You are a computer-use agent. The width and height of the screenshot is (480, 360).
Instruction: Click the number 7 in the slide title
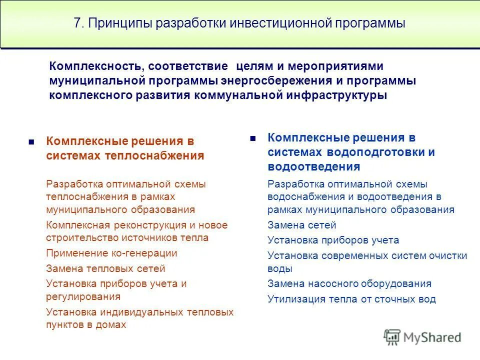(77, 23)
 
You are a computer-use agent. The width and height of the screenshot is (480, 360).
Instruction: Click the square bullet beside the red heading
(31, 142)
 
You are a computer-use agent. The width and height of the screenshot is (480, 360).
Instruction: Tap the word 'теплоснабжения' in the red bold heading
(155, 155)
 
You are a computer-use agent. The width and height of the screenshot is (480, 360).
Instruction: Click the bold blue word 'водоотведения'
(313, 166)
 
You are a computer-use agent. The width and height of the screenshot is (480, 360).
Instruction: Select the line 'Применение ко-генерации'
(111, 253)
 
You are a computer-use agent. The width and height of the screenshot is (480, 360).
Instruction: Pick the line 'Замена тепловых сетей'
(105, 269)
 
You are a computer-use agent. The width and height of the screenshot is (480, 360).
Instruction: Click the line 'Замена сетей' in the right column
(301, 225)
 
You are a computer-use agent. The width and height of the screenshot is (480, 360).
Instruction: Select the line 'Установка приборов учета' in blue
(333, 240)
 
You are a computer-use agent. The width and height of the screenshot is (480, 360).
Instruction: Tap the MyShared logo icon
(392, 337)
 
